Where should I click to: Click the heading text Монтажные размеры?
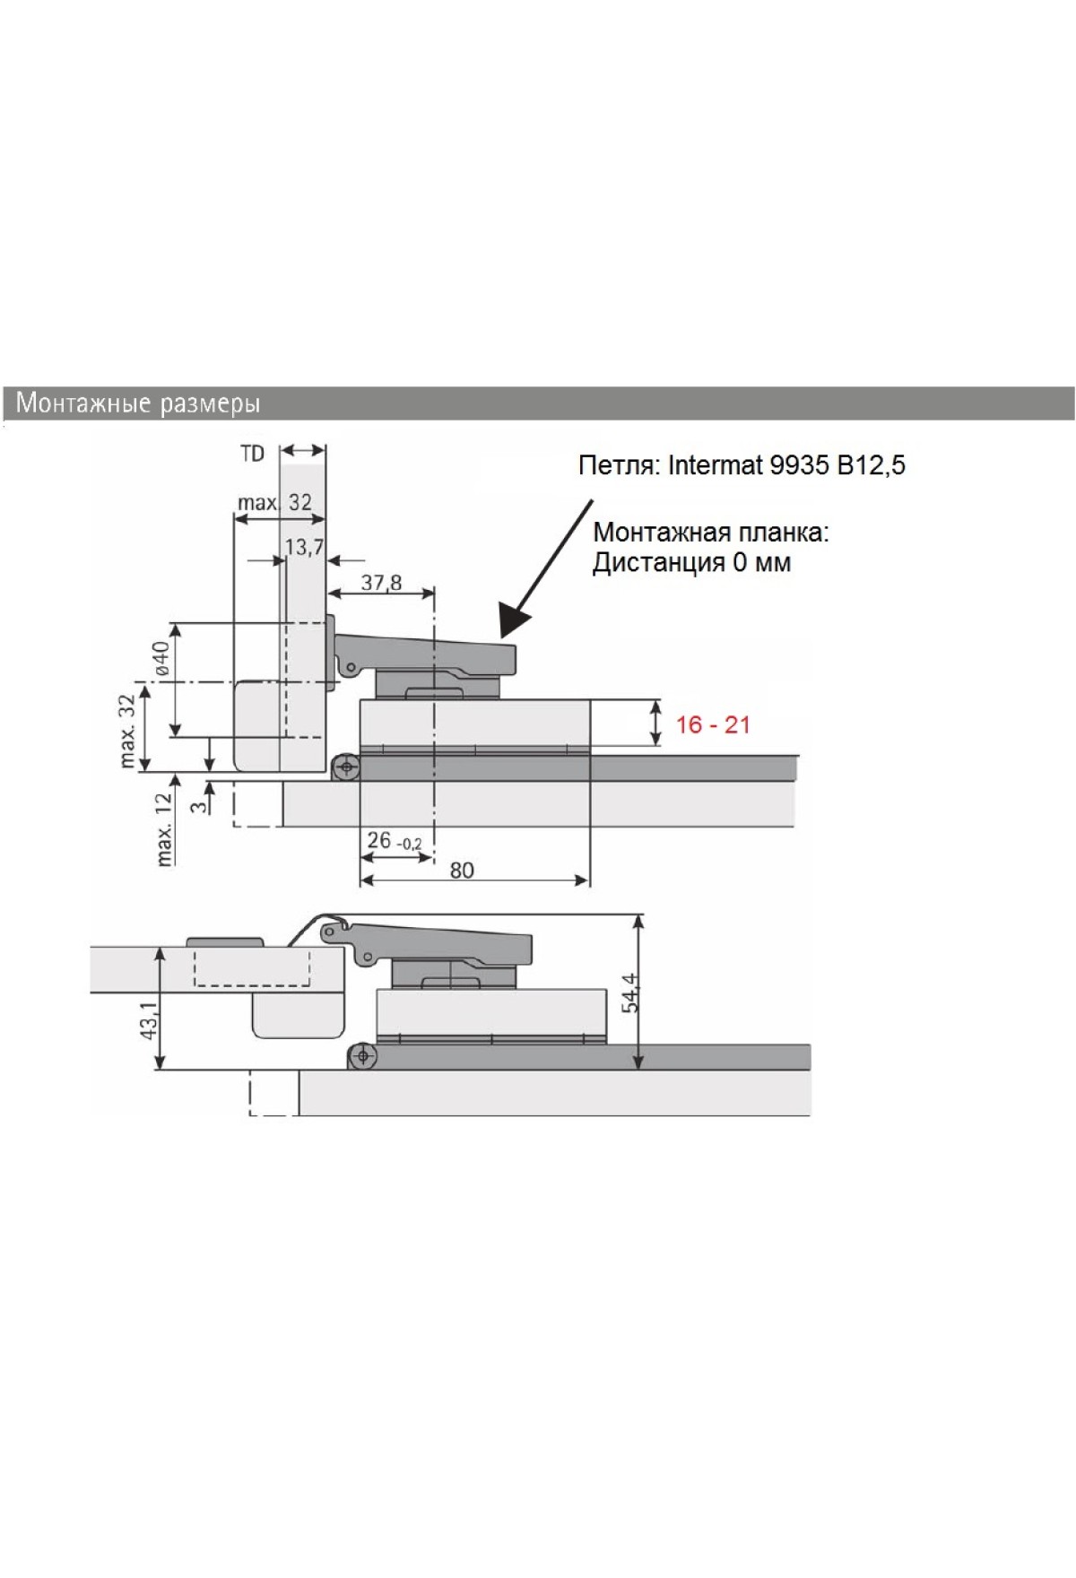tap(138, 403)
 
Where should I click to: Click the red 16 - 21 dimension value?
tap(713, 724)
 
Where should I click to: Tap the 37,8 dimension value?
tap(381, 583)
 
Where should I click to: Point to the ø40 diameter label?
tap(162, 659)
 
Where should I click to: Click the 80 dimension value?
tap(462, 870)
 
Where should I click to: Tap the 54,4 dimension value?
tap(631, 993)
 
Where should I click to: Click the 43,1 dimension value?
tap(150, 1019)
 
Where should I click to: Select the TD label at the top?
tap(253, 454)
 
